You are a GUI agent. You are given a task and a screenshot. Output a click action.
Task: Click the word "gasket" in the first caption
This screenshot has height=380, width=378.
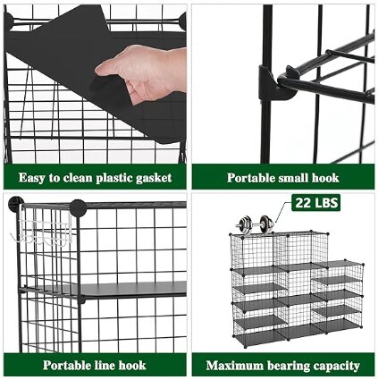pyautogui.click(x=154, y=178)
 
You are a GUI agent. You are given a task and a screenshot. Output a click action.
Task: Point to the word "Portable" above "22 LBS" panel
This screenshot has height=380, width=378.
pyautogui.click(x=251, y=178)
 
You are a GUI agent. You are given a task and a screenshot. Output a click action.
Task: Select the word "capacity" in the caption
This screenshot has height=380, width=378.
pyautogui.click(x=334, y=366)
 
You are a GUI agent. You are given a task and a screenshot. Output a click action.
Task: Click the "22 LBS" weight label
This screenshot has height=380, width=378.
pyautogui.click(x=316, y=203)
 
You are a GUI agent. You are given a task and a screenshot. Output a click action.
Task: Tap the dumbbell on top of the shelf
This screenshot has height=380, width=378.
pyautogui.click(x=255, y=224)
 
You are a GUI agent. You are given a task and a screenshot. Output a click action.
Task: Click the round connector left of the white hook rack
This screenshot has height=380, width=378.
pyautogui.click(x=15, y=204)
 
